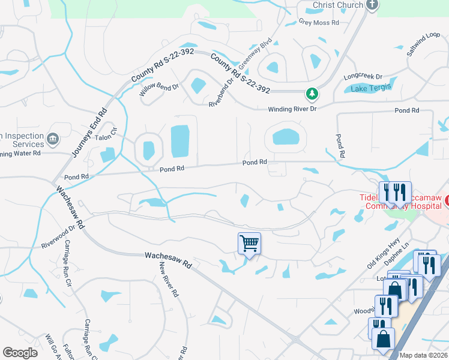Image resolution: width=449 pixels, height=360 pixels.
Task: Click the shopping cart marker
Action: [x=249, y=244]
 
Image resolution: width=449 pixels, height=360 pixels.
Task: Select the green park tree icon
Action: [x=312, y=94]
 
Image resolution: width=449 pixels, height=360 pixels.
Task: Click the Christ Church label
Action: [x=338, y=5]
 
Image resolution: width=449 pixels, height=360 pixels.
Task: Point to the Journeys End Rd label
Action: [x=89, y=133]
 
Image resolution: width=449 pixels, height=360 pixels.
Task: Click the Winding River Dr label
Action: [x=291, y=109]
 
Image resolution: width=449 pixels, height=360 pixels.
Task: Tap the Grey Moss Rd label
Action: [x=319, y=23]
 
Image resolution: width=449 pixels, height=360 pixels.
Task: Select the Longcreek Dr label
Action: [x=363, y=77]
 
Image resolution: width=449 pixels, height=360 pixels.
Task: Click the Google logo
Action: [x=20, y=353]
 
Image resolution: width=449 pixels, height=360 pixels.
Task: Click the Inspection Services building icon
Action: [x=53, y=139]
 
